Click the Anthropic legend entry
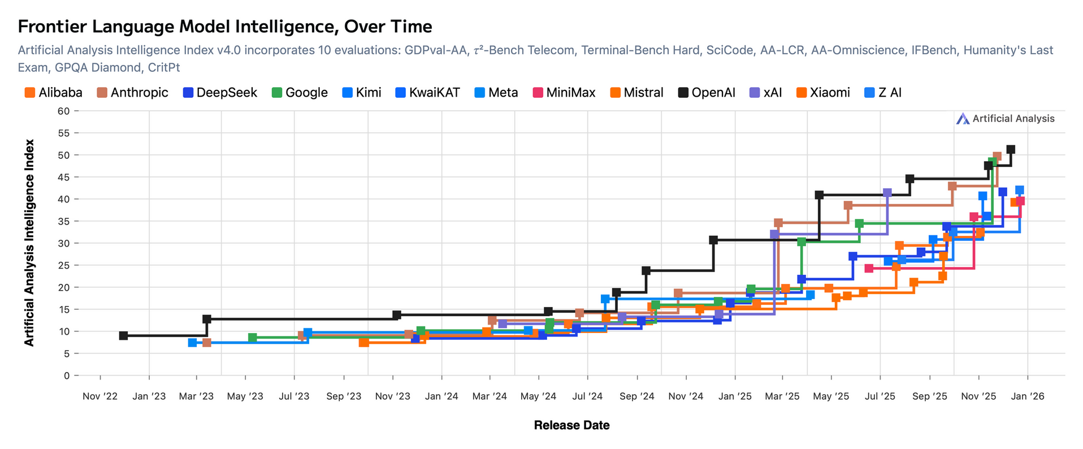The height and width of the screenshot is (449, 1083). pyautogui.click(x=133, y=93)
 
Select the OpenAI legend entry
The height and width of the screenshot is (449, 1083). pyautogui.click(x=707, y=93)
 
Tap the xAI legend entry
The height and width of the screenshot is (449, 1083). pyautogui.click(x=766, y=93)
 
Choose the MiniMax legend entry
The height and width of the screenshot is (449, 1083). pyautogui.click(x=564, y=93)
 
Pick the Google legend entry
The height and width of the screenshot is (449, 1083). pyautogui.click(x=300, y=93)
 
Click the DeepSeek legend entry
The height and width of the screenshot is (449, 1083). pyautogui.click(x=220, y=93)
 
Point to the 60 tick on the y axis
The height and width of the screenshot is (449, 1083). pyautogui.click(x=64, y=111)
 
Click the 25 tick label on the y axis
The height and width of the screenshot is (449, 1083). pyautogui.click(x=64, y=265)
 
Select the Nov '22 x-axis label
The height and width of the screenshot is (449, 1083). pyautogui.click(x=100, y=396)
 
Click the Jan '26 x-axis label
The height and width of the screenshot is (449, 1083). pyautogui.click(x=1028, y=396)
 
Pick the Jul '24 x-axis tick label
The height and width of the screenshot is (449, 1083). pyautogui.click(x=587, y=396)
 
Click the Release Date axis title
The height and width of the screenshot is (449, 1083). pyautogui.click(x=571, y=425)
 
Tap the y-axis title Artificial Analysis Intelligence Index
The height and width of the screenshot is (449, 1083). pyautogui.click(x=29, y=243)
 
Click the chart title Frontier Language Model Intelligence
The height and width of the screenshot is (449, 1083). pyautogui.click(x=225, y=27)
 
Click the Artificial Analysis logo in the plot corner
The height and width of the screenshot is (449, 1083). pyautogui.click(x=1006, y=119)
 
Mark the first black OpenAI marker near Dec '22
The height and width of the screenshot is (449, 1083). pyautogui.click(x=124, y=335)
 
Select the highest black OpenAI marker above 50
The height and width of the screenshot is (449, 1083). pyautogui.click(x=1011, y=149)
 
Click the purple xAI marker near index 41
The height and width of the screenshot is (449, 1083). pyautogui.click(x=887, y=193)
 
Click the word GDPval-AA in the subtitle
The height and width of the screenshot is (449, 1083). pyautogui.click(x=436, y=50)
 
